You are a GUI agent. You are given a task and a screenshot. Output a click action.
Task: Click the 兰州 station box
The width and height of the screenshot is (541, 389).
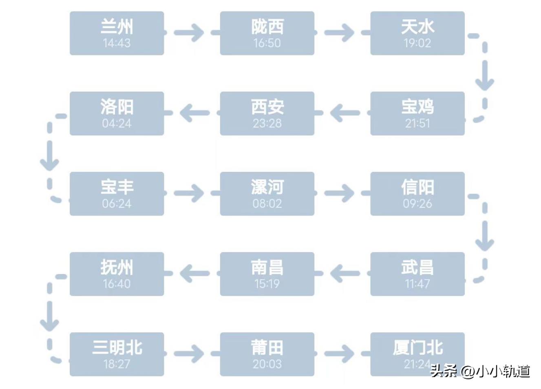coord(117,33)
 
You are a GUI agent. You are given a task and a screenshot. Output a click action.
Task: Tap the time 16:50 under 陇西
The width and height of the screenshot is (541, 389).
coord(267,43)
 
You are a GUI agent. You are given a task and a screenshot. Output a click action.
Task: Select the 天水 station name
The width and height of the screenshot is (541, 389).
coord(417,27)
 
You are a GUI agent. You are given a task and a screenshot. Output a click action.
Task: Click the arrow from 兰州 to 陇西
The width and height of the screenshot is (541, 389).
coord(189,33)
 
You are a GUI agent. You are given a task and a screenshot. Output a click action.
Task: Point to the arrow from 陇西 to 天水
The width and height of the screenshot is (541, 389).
coord(340,33)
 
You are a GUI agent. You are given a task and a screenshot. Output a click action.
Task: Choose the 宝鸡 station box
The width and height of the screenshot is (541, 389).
coord(417,114)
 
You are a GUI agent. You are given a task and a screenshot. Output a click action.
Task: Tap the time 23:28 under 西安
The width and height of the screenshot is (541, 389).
coord(267,123)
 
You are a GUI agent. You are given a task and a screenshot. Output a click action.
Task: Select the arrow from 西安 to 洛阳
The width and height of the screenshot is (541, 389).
coord(194,113)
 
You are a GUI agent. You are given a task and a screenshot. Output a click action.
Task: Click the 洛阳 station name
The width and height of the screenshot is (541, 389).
coord(117,107)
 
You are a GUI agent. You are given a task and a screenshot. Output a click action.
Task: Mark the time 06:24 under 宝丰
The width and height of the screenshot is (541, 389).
coord(117,204)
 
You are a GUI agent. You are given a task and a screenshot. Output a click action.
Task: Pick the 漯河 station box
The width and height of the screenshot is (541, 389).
coord(267,194)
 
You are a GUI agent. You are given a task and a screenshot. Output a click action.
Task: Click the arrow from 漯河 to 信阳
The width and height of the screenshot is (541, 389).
coord(340,193)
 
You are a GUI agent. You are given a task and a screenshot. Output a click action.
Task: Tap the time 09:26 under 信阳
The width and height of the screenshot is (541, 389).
coord(417,204)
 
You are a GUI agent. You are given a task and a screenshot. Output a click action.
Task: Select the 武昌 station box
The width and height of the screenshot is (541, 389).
coord(417,274)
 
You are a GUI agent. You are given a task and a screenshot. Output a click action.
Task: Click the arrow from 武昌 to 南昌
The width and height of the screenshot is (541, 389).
coord(345,273)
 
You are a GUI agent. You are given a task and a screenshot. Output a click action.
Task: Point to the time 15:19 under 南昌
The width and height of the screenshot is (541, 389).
coord(267,284)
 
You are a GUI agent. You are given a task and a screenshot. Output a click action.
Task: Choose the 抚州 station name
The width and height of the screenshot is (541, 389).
coord(117,268)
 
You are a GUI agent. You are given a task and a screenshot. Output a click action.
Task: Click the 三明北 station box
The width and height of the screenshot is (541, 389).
coord(117,354)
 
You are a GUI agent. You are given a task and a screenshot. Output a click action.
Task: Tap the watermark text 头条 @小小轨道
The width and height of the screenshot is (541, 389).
coord(480,371)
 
